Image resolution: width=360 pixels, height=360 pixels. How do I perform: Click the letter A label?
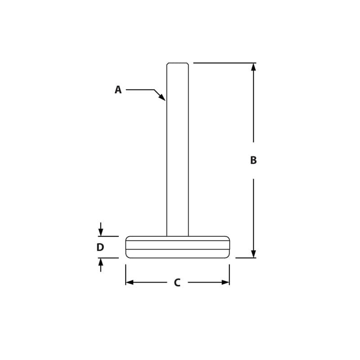118,90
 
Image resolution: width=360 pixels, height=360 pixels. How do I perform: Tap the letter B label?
253,160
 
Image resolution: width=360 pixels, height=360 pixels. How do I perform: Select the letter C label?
177,283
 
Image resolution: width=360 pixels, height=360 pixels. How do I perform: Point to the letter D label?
100,247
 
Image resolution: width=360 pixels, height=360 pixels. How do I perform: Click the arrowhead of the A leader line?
162,98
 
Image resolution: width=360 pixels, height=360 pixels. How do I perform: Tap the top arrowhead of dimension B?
253,67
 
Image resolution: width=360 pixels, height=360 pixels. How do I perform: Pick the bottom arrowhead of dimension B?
253,254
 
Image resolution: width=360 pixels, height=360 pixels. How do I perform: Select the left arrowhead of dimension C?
130,282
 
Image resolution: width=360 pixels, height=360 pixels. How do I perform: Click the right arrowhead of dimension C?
225,282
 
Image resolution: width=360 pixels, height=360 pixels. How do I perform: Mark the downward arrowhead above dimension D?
100,232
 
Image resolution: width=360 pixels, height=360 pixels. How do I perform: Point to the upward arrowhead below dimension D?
100,262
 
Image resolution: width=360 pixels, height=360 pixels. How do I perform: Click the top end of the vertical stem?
177,63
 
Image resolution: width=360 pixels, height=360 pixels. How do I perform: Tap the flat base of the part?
177,247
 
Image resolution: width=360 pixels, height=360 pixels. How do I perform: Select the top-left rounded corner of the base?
127,238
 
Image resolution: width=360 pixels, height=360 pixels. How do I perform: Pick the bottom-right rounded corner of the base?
228,256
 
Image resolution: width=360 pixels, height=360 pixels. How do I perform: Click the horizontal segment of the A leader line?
140,90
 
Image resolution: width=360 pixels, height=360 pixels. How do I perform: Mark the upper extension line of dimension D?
108,236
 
